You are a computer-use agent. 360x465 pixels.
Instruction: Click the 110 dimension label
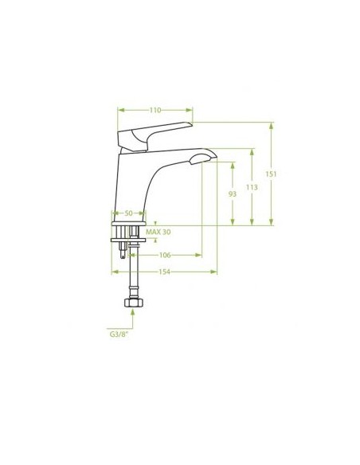[x=155, y=111]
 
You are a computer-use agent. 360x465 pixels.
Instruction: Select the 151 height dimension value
[x=271, y=174]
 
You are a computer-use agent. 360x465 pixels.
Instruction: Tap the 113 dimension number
[x=252, y=187]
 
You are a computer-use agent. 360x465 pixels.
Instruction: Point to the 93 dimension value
[x=233, y=194]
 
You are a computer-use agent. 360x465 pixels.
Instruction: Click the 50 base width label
[x=128, y=213]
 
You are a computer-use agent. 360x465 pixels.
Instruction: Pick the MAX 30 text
[x=158, y=232]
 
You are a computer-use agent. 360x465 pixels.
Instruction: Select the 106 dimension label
[x=165, y=255]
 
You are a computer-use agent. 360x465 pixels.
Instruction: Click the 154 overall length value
[x=164, y=272]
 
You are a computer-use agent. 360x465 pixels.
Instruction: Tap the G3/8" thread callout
[x=119, y=334]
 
